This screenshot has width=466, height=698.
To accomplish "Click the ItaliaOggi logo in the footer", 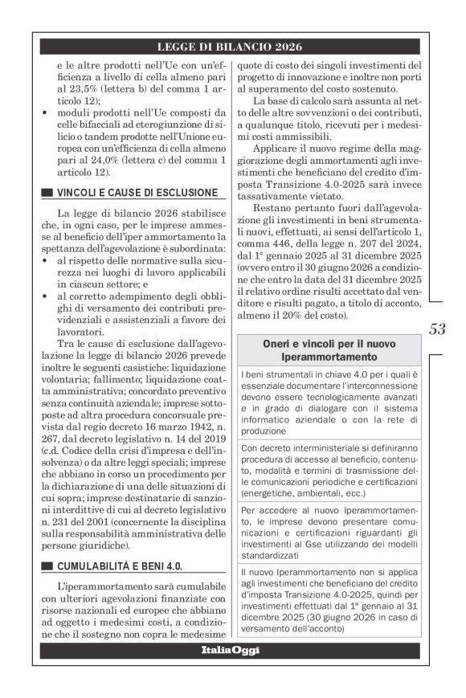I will pos(231,650).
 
